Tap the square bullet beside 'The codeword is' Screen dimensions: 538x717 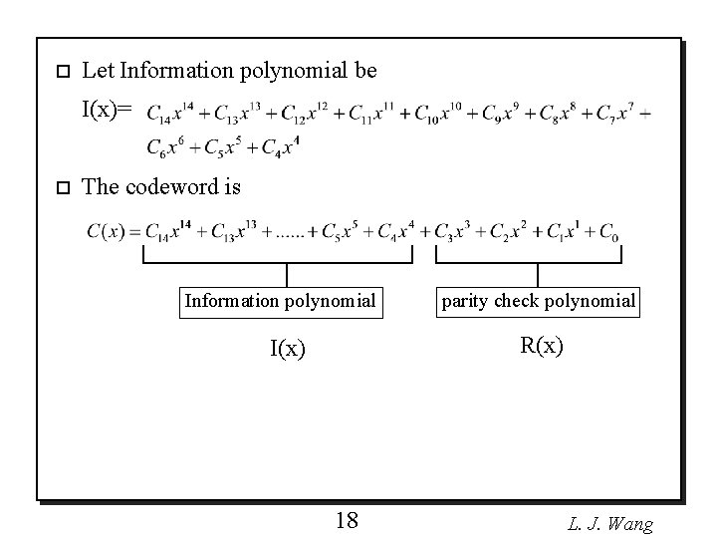coord(61,186)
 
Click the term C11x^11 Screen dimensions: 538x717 coord(371,113)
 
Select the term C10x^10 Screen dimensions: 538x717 coord(439,113)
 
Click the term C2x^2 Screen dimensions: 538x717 coord(510,233)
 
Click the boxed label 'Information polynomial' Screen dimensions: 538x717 coord(280,301)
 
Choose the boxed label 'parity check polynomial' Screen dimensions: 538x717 coord(538,301)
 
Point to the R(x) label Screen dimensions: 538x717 coord(541,346)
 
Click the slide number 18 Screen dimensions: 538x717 coord(348,519)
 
